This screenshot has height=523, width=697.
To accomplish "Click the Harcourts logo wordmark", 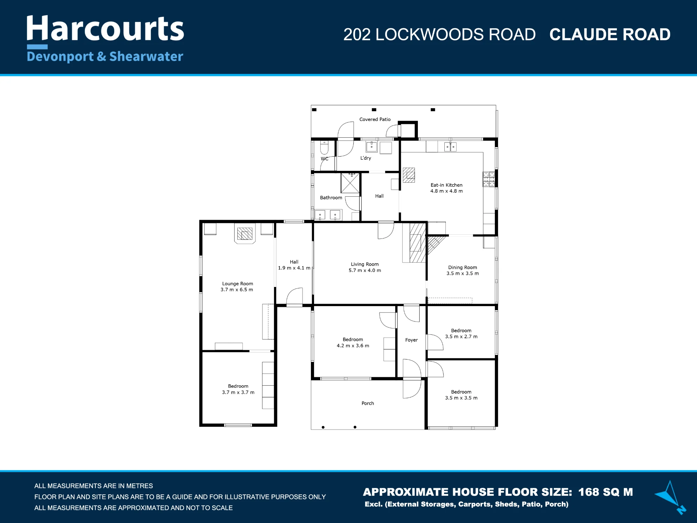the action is click(105, 29).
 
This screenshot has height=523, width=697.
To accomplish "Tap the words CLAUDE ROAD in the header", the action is click(610, 35).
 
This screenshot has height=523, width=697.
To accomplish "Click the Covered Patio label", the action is click(375, 119).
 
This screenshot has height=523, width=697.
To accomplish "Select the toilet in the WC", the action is click(324, 147).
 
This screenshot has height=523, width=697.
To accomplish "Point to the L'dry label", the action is click(366, 158).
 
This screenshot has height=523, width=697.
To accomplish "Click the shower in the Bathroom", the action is click(350, 183).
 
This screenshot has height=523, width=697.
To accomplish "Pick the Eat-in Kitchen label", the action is click(446, 185).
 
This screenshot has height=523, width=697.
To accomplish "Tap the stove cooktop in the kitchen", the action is click(489, 179).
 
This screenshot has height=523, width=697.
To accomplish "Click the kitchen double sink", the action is click(450, 147).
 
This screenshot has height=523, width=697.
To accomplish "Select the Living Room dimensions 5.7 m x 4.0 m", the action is click(365, 270).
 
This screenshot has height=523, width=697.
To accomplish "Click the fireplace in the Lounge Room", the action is click(245, 234).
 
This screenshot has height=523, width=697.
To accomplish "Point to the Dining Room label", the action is click(462, 267).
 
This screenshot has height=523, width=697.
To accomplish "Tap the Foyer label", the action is click(411, 340).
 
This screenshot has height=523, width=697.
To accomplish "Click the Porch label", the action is click(368, 403).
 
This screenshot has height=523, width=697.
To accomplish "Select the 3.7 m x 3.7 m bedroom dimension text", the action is click(238, 392).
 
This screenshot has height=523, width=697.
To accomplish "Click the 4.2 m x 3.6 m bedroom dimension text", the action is click(353, 346).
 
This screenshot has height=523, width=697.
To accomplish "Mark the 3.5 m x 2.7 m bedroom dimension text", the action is click(461, 336).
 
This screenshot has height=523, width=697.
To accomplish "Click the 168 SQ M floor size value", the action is click(606, 492).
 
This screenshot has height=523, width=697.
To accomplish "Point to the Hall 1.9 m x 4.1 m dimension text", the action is click(294, 268).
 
